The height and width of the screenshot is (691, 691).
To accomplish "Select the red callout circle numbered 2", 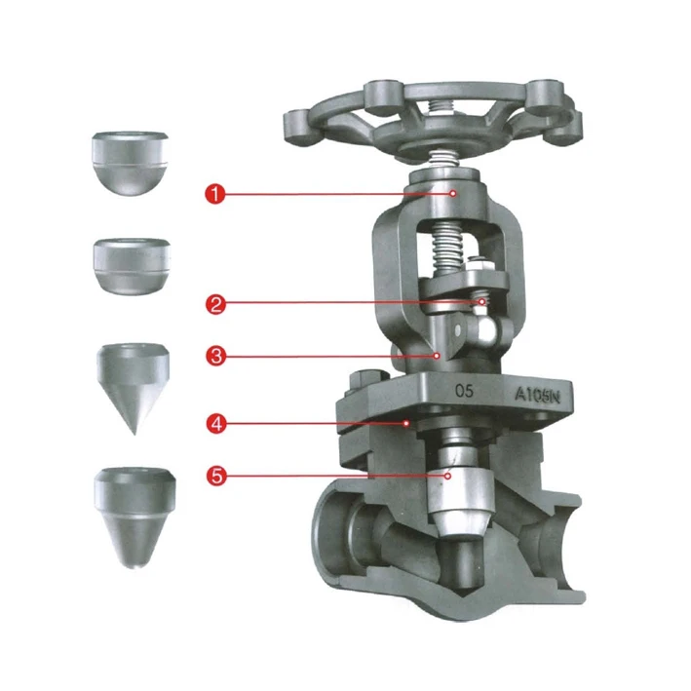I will pos(215,303).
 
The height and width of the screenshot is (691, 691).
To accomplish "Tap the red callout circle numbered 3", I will pos(215,356).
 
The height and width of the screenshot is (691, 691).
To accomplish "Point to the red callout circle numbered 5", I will pos(215,476).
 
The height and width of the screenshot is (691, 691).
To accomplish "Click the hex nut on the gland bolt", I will pos(479,266).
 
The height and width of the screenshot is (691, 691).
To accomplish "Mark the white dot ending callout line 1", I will pos(454,194).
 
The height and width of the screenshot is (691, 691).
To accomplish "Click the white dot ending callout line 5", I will pos(447,476).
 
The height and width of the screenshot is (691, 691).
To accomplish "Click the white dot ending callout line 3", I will pos(441,356).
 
